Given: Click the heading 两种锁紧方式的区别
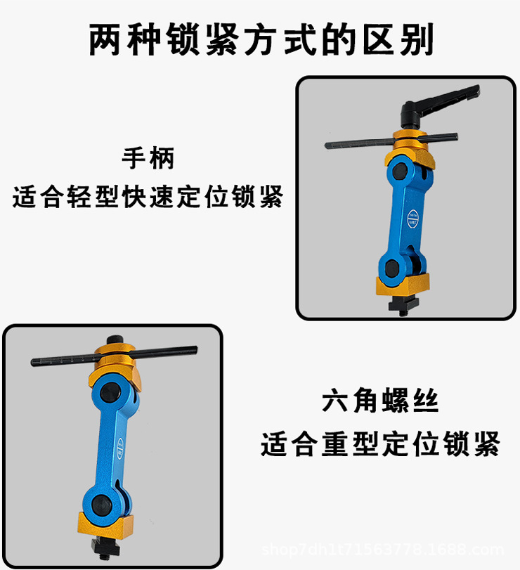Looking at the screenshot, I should pyautogui.click(x=261, y=40).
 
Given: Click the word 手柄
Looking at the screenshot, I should pyautogui.click(x=148, y=159).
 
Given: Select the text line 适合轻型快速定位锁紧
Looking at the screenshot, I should pyautogui.click(x=148, y=197).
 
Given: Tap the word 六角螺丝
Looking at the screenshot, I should pyautogui.click(x=380, y=401).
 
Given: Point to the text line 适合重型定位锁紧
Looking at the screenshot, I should pyautogui.click(x=380, y=444).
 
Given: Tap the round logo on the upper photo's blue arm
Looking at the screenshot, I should pyautogui.click(x=411, y=214).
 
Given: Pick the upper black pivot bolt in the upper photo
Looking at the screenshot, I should pyautogui.click(x=401, y=170).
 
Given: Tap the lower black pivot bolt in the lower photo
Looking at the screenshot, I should pyautogui.click(x=101, y=502).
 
